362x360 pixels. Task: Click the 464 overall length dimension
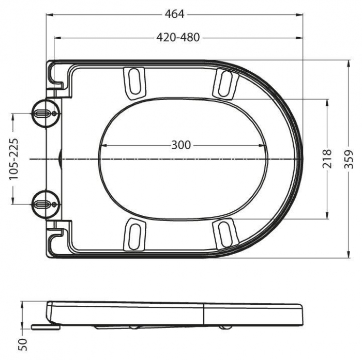click(174, 14)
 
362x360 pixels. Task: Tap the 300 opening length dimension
click(181, 145)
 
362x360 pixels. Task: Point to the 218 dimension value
click(327, 159)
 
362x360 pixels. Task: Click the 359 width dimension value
click(350, 159)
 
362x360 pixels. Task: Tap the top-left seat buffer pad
click(135, 81)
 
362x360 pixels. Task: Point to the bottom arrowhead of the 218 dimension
click(327, 216)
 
